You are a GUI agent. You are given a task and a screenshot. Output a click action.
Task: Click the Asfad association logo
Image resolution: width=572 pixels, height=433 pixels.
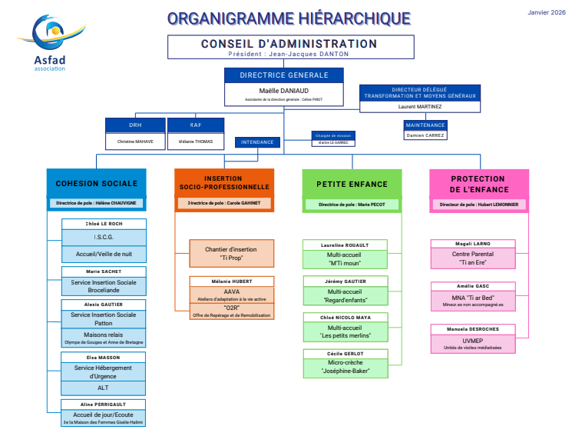point(51,42)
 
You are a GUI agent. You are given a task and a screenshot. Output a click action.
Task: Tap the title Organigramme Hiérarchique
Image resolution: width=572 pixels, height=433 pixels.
point(289,18)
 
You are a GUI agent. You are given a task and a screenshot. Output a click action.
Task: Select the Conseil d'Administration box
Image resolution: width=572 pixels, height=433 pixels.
point(289,48)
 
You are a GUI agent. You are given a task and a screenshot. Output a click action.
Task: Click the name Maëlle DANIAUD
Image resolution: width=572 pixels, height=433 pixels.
point(283,90)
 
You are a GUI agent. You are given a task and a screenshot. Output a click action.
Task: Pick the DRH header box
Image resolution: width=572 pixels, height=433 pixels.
point(135,125)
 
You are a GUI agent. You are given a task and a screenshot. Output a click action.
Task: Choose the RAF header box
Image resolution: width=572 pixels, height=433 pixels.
point(196,125)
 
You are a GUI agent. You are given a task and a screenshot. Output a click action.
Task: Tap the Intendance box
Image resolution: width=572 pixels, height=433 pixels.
point(257,142)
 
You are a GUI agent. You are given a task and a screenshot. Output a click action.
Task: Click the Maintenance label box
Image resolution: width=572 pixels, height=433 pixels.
point(425,125)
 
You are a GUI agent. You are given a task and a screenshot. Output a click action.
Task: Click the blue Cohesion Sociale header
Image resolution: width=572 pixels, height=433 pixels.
point(97,184)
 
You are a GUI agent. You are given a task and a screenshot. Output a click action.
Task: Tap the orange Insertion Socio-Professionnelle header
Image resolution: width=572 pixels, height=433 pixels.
point(223,182)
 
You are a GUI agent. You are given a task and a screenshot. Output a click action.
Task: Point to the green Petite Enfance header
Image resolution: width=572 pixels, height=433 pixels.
point(352,184)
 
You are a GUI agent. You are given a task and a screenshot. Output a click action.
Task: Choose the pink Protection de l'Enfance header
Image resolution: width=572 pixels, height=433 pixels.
point(478,184)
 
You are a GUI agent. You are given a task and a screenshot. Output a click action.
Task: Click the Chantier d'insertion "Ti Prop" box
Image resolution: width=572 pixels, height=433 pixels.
point(231,253)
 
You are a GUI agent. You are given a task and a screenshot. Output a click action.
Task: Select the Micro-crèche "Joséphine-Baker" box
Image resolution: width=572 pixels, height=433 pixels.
point(345,367)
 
